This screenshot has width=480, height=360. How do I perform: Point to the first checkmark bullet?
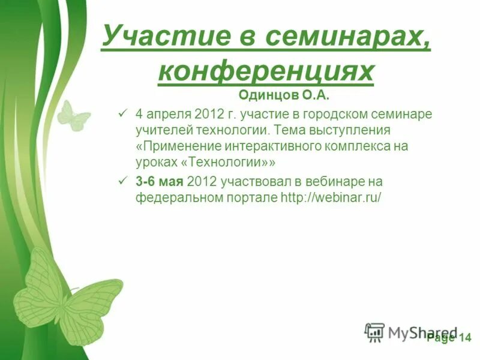click(x=123, y=113)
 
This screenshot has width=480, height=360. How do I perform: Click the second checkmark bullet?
click(x=123, y=181)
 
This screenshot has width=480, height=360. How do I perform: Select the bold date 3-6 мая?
click(x=160, y=181)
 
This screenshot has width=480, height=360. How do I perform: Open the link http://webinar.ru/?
click(x=331, y=197)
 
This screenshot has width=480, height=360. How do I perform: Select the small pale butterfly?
click(x=73, y=115)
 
